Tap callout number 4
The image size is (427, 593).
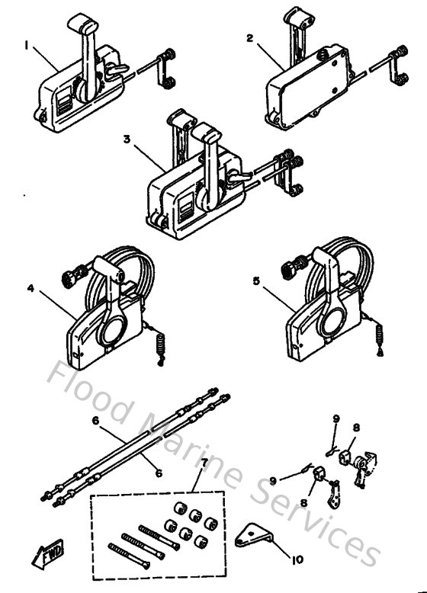[x=30, y=288]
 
